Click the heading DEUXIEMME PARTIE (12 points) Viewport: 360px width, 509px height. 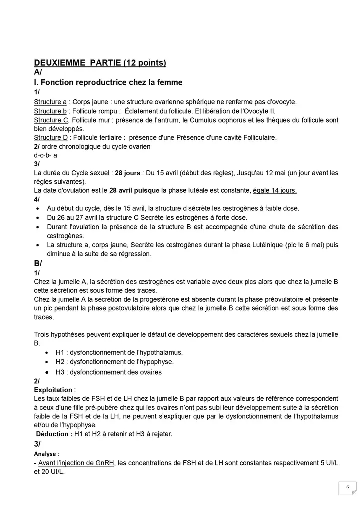(x=100, y=63)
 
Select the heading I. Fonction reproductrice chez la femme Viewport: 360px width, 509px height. (x=108, y=82)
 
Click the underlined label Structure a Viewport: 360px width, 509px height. (x=50, y=102)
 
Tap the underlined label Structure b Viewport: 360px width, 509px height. (x=50, y=111)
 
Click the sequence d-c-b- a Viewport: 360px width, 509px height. (x=45, y=155)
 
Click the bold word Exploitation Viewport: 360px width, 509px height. (x=53, y=389)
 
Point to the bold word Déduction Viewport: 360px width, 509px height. (x=52, y=434)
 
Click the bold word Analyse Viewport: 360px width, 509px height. (x=46, y=454)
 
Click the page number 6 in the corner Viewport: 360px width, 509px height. (x=347, y=487)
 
